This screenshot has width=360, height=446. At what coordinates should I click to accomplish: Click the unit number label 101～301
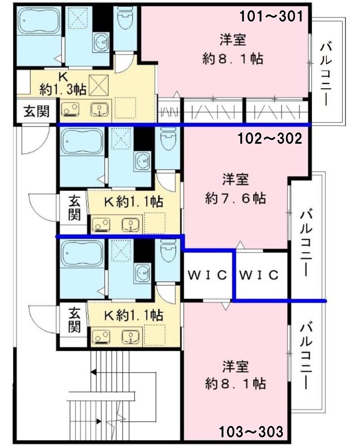click(272, 16)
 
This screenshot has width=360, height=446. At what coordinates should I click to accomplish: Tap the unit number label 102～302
click(270, 139)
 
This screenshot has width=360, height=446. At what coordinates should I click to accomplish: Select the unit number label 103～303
click(251, 432)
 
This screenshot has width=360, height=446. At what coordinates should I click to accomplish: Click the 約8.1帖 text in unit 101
click(232, 59)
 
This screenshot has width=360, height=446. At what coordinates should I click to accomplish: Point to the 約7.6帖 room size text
click(235, 198)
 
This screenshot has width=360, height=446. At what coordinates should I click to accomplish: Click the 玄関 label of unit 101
click(36, 111)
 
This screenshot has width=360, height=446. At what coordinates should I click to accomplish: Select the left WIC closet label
click(208, 275)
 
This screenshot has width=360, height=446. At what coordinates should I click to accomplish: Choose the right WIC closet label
click(259, 275)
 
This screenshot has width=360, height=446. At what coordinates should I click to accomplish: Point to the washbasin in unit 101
click(100, 42)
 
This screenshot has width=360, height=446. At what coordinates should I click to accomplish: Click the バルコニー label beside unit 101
click(325, 74)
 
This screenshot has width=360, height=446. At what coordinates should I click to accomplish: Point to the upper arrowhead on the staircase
click(93, 372)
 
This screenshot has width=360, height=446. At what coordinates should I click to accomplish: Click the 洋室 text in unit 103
click(235, 366)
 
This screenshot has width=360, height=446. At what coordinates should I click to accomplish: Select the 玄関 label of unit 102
click(74, 208)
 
